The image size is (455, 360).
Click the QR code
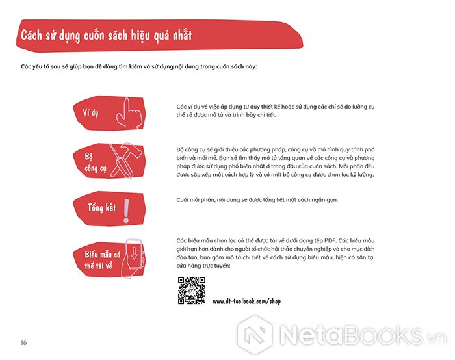tap(192, 290)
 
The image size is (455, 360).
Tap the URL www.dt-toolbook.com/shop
tap(246, 302)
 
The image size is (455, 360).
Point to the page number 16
tap(23, 342)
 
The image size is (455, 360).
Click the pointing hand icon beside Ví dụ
tap(129, 112)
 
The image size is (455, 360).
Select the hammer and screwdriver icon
tap(126, 160)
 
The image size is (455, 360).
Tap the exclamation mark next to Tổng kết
tap(126, 211)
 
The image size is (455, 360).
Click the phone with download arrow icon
tap(132, 258)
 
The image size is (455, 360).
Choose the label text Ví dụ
tap(90, 112)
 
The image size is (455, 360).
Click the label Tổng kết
tap(102, 208)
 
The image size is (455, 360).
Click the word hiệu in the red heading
tap(140, 36)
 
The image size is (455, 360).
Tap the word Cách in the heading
tap(31, 35)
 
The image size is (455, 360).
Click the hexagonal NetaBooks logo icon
tap(255, 335)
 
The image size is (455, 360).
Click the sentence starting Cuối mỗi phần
tap(257, 200)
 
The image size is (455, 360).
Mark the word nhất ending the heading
tap(183, 35)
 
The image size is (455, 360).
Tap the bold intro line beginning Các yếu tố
tap(138, 66)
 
